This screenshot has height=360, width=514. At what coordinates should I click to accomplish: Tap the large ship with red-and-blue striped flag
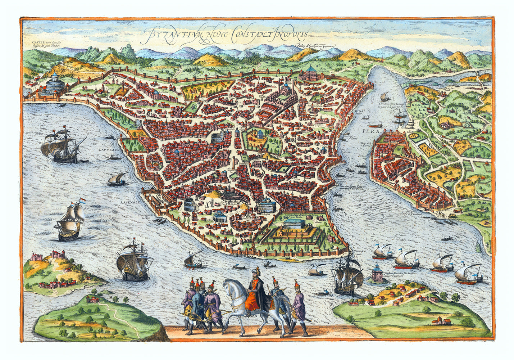point(70,220)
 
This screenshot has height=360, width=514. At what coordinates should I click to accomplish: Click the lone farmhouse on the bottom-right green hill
point(441,321)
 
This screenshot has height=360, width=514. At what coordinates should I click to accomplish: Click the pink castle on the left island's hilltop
point(37,257)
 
